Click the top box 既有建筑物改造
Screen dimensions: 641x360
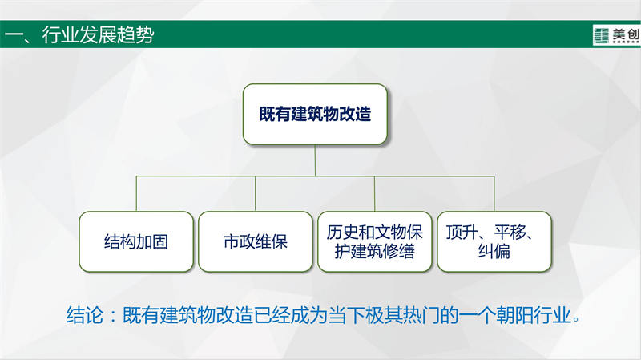[x=315, y=114]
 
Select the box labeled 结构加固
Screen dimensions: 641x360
[x=136, y=241]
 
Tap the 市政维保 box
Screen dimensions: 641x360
[x=256, y=241]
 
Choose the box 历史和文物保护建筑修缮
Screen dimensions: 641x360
[x=374, y=241]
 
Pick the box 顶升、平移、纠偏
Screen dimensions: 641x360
[x=494, y=241]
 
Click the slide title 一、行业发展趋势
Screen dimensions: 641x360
[x=79, y=34]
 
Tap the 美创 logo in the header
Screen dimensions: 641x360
[x=616, y=35]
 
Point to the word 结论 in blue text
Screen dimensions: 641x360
[x=85, y=315]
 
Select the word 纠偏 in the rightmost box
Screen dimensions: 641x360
[x=494, y=251]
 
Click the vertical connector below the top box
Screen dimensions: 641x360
[x=315, y=160]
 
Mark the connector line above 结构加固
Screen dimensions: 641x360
[x=136, y=193]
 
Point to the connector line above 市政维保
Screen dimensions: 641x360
[x=256, y=193]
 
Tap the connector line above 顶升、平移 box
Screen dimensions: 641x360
[x=494, y=193]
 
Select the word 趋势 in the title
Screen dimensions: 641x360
[x=135, y=34]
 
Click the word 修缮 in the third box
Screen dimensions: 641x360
[x=398, y=251]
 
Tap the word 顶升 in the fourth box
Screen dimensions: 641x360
[x=462, y=232]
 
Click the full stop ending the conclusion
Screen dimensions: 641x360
[x=576, y=318]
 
